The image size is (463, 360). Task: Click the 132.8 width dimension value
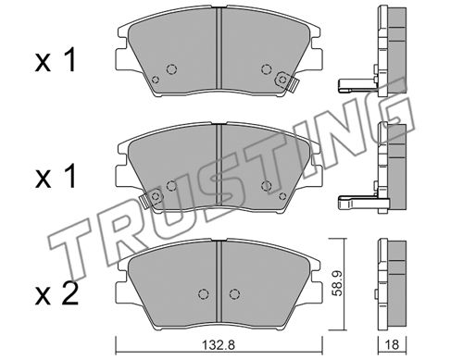pyautogui.click(x=219, y=344)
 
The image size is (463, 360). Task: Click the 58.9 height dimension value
pyautogui.click(x=338, y=283)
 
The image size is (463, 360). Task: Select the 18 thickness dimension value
pyautogui.click(x=392, y=344)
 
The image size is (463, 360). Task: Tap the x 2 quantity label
pyautogui.click(x=56, y=293)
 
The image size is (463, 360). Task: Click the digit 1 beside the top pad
pyautogui.click(x=70, y=61)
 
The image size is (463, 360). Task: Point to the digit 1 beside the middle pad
pyautogui.click(x=70, y=177)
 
